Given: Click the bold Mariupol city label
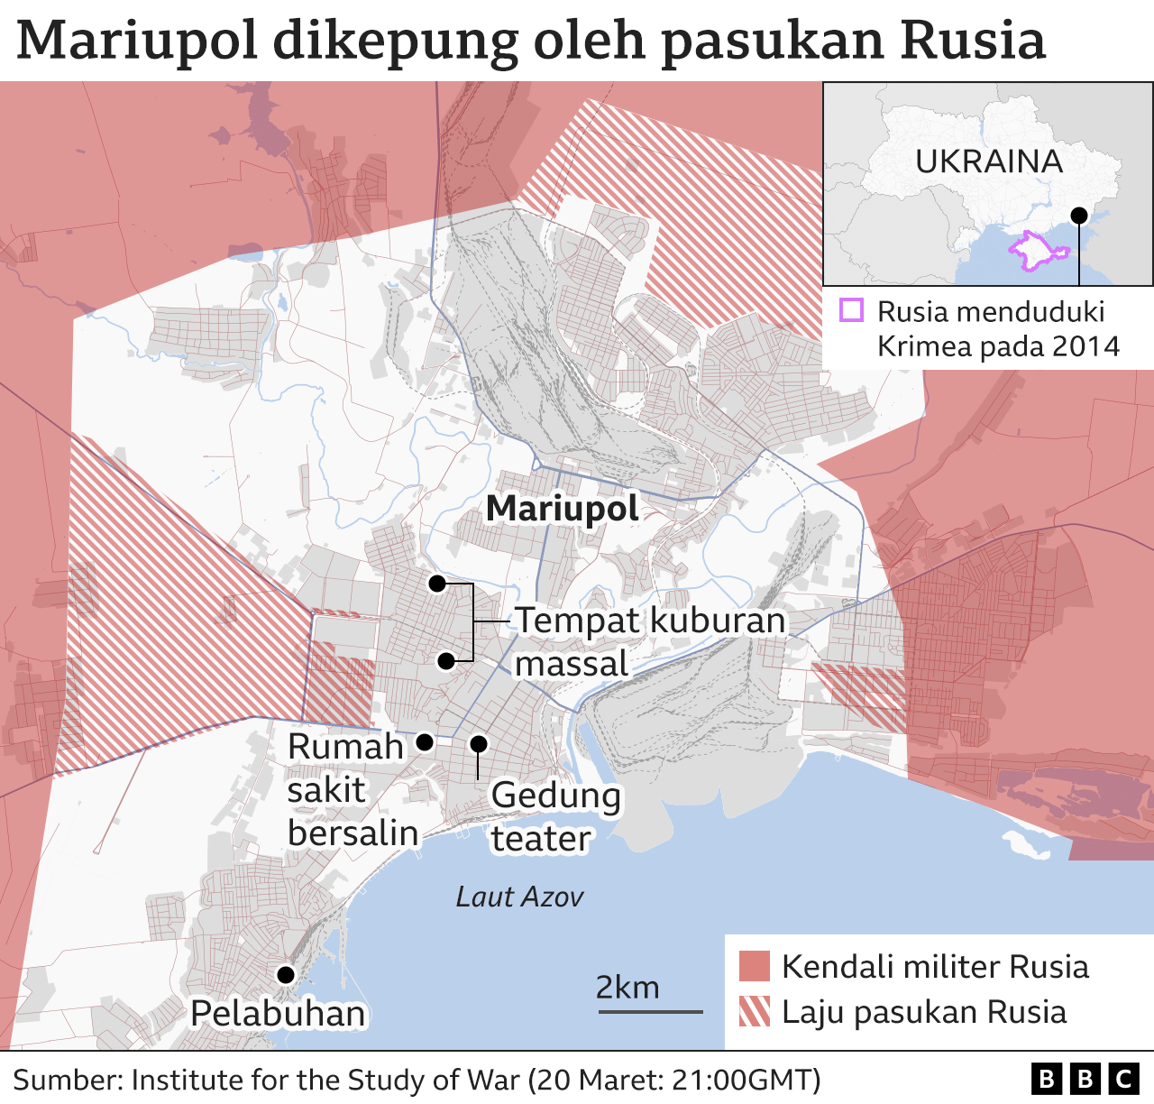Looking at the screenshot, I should pyautogui.click(x=562, y=509).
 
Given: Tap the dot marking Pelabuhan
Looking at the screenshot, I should pyautogui.click(x=286, y=974).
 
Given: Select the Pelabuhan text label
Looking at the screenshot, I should pyautogui.click(x=278, y=1014).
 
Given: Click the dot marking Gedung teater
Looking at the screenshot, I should pyautogui.click(x=479, y=744).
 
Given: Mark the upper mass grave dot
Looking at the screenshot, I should pyautogui.click(x=437, y=584).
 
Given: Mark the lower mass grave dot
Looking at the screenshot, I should pyautogui.click(x=445, y=661).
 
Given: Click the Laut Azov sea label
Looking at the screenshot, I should pyautogui.click(x=519, y=897).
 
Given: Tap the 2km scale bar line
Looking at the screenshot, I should pyautogui.click(x=650, y=1012).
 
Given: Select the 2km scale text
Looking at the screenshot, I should pyautogui.click(x=627, y=987).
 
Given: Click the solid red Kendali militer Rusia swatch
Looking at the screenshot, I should pyautogui.click(x=755, y=966).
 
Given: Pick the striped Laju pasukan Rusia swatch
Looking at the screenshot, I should pyautogui.click(x=755, y=1011).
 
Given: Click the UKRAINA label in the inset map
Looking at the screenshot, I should pyautogui.click(x=989, y=161).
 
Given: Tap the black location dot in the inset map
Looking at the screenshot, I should pyautogui.click(x=1078, y=215).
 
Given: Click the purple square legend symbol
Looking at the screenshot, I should pyautogui.click(x=851, y=311).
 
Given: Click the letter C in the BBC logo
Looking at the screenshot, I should pyautogui.click(x=1124, y=1079).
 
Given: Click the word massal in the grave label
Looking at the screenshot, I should pyautogui.click(x=571, y=664).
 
